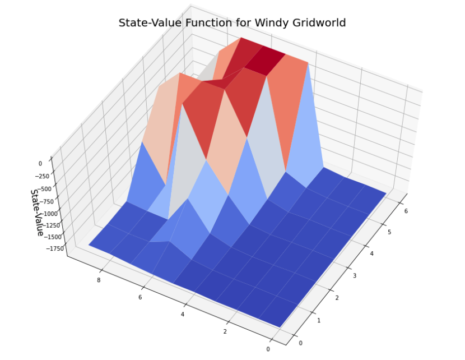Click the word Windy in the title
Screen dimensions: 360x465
[272, 23]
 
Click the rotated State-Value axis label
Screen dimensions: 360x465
[37, 212]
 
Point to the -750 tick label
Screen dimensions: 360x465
[45, 201]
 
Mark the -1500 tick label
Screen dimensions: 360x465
[53, 237]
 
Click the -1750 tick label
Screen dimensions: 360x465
[57, 248]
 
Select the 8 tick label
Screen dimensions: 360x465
[99, 279]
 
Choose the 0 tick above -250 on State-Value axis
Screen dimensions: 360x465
[40, 164]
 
